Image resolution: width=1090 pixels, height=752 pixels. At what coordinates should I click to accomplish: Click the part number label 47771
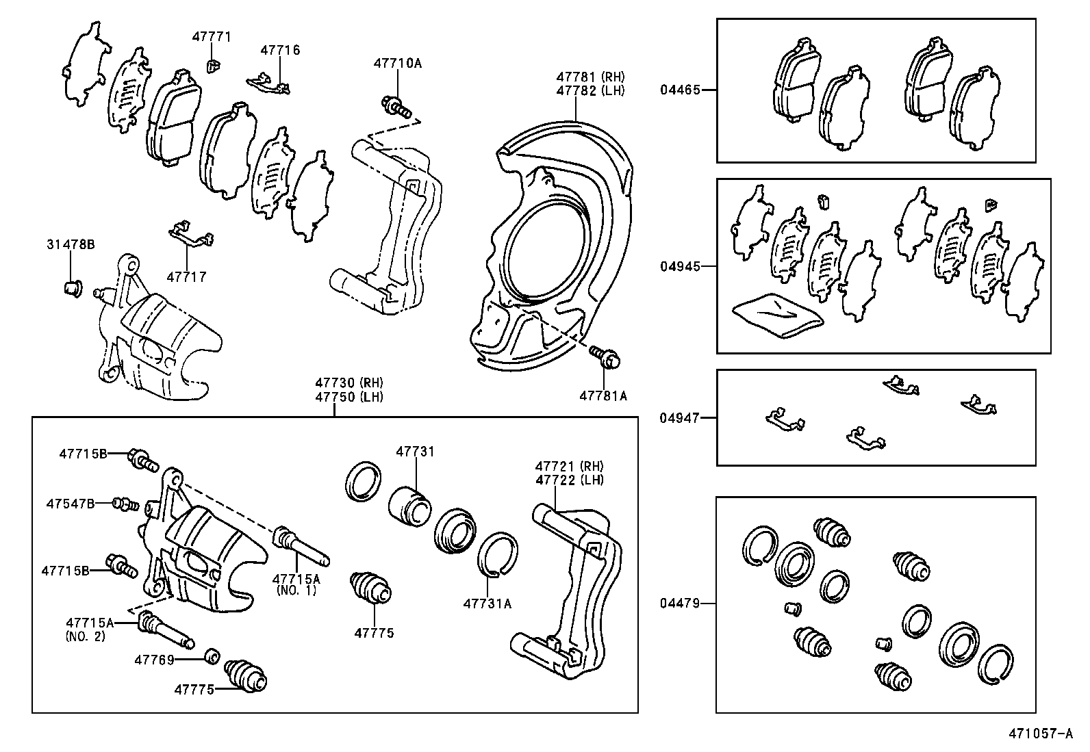[x=212, y=37]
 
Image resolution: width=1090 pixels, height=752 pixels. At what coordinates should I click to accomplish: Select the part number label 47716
[x=280, y=50]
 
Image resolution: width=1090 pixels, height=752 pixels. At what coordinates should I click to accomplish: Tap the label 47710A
[x=397, y=64]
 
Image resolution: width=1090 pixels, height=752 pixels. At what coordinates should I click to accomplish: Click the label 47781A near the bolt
[x=603, y=396]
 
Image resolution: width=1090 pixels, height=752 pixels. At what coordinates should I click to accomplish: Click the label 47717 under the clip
[x=186, y=277]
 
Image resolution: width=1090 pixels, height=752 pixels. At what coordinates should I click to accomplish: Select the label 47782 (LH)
[x=590, y=90]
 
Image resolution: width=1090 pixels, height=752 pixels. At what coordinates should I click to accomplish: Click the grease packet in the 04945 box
[x=778, y=314]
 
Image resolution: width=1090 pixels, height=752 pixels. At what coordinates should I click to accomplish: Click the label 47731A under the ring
[x=487, y=604]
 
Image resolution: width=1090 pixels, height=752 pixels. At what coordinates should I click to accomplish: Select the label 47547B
[x=71, y=504]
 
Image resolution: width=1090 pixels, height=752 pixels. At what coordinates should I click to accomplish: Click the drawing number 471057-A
[x=1039, y=734]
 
